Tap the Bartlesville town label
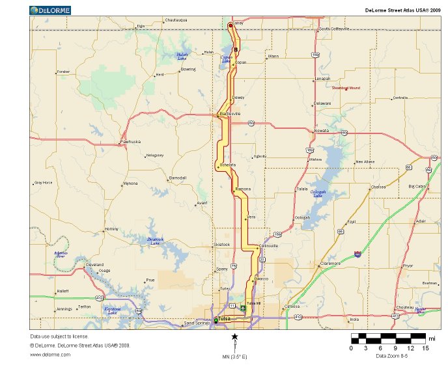pos(230,113)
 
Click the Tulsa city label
pos(225,319)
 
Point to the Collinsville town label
pos(268,245)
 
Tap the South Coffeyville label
pos(333,29)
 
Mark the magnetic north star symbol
pos(234,336)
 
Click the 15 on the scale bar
pos(426,348)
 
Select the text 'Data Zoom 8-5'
pos(391,355)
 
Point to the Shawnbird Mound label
pos(345,87)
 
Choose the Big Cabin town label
pos(417,186)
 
